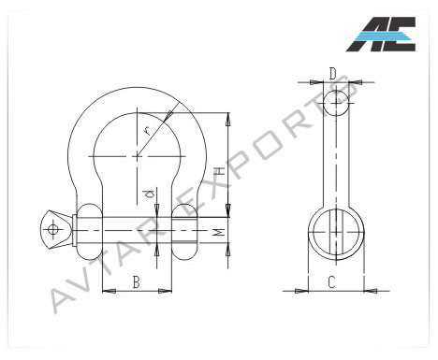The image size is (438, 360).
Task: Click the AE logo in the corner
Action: click(x=381, y=34)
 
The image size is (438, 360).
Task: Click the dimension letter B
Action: click(x=136, y=282)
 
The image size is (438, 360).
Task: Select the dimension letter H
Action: click(x=220, y=171)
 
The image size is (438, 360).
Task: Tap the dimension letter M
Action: click(x=220, y=232)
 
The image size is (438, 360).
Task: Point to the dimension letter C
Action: click(x=331, y=282)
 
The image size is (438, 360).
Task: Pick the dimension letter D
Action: click(x=333, y=74)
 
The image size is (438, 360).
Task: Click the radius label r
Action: click(x=147, y=130)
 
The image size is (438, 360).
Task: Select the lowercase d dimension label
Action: click(x=150, y=194)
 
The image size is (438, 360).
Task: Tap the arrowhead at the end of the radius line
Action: click(x=168, y=116)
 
